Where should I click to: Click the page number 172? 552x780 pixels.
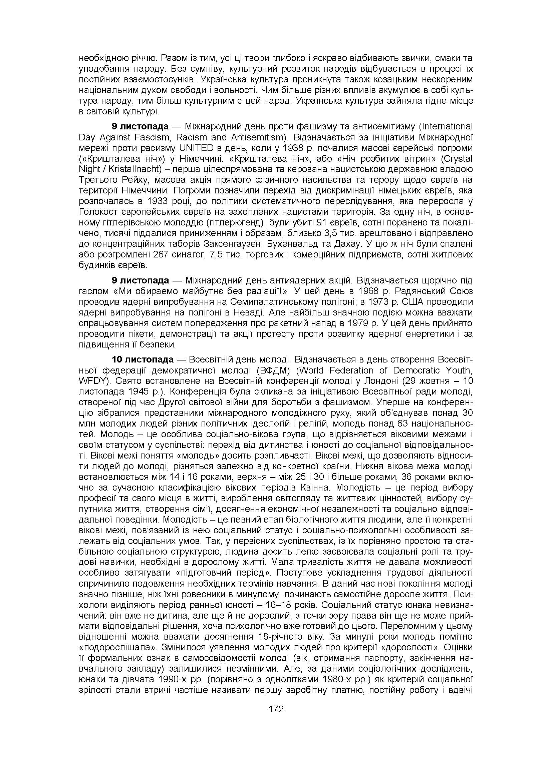point(276,709)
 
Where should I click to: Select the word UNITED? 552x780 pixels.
point(196,148)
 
